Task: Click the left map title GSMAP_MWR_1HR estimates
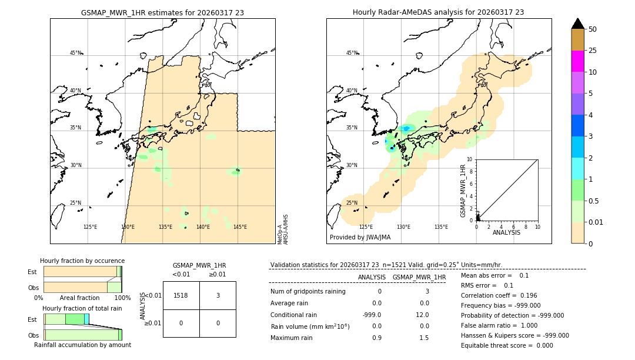pyautogui.click(x=162, y=12)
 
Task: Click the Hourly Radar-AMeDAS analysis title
pyautogui.click(x=438, y=12)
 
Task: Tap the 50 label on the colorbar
pyautogui.click(x=593, y=29)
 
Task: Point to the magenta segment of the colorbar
pyautogui.click(x=578, y=61)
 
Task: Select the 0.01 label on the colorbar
pyautogui.click(x=596, y=222)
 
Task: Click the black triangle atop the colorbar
pyautogui.click(x=578, y=24)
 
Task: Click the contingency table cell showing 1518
pyautogui.click(x=181, y=295)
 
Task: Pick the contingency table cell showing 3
pyautogui.click(x=218, y=295)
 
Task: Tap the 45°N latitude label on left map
pyautogui.click(x=75, y=53)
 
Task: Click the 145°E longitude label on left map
pyautogui.click(x=240, y=227)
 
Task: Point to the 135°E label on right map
pyautogui.click(x=441, y=227)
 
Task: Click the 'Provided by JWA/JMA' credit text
pyautogui.click(x=360, y=237)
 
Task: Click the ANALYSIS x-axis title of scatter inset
pyautogui.click(x=507, y=232)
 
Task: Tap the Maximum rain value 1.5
pyautogui.click(x=423, y=338)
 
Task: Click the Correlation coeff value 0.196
pyautogui.click(x=527, y=295)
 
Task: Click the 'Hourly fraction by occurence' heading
pyautogui.click(x=82, y=261)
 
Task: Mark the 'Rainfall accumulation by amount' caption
pyautogui.click(x=82, y=345)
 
